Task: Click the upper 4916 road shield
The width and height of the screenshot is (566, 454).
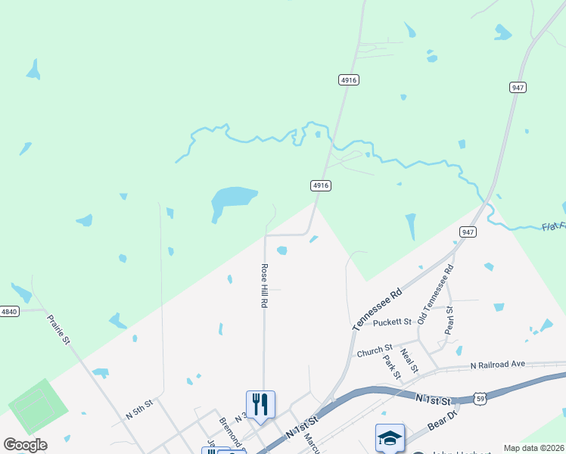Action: point(348,79)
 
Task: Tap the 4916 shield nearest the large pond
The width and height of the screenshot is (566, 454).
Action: point(321,185)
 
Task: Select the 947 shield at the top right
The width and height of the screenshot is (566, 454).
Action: point(518,88)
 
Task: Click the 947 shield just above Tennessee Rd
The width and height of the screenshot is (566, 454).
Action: point(468,232)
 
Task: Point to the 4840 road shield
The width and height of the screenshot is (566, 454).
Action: point(9,311)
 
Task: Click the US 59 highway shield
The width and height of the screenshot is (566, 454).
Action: point(480,397)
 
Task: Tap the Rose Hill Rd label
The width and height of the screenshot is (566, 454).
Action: point(264,285)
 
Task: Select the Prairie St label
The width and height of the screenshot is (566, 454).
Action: point(58,330)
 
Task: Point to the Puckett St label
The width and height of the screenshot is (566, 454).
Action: point(392,322)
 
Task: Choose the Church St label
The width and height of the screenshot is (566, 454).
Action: point(371,352)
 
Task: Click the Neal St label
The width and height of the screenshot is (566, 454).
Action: point(409,360)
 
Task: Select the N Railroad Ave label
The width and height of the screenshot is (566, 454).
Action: point(497,364)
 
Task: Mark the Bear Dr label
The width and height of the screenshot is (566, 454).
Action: point(443,415)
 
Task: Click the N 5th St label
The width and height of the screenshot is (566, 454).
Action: point(139,409)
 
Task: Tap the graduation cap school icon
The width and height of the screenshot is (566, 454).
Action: point(390,437)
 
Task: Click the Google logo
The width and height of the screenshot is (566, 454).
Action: point(25,445)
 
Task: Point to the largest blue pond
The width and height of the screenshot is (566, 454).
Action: point(232,199)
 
